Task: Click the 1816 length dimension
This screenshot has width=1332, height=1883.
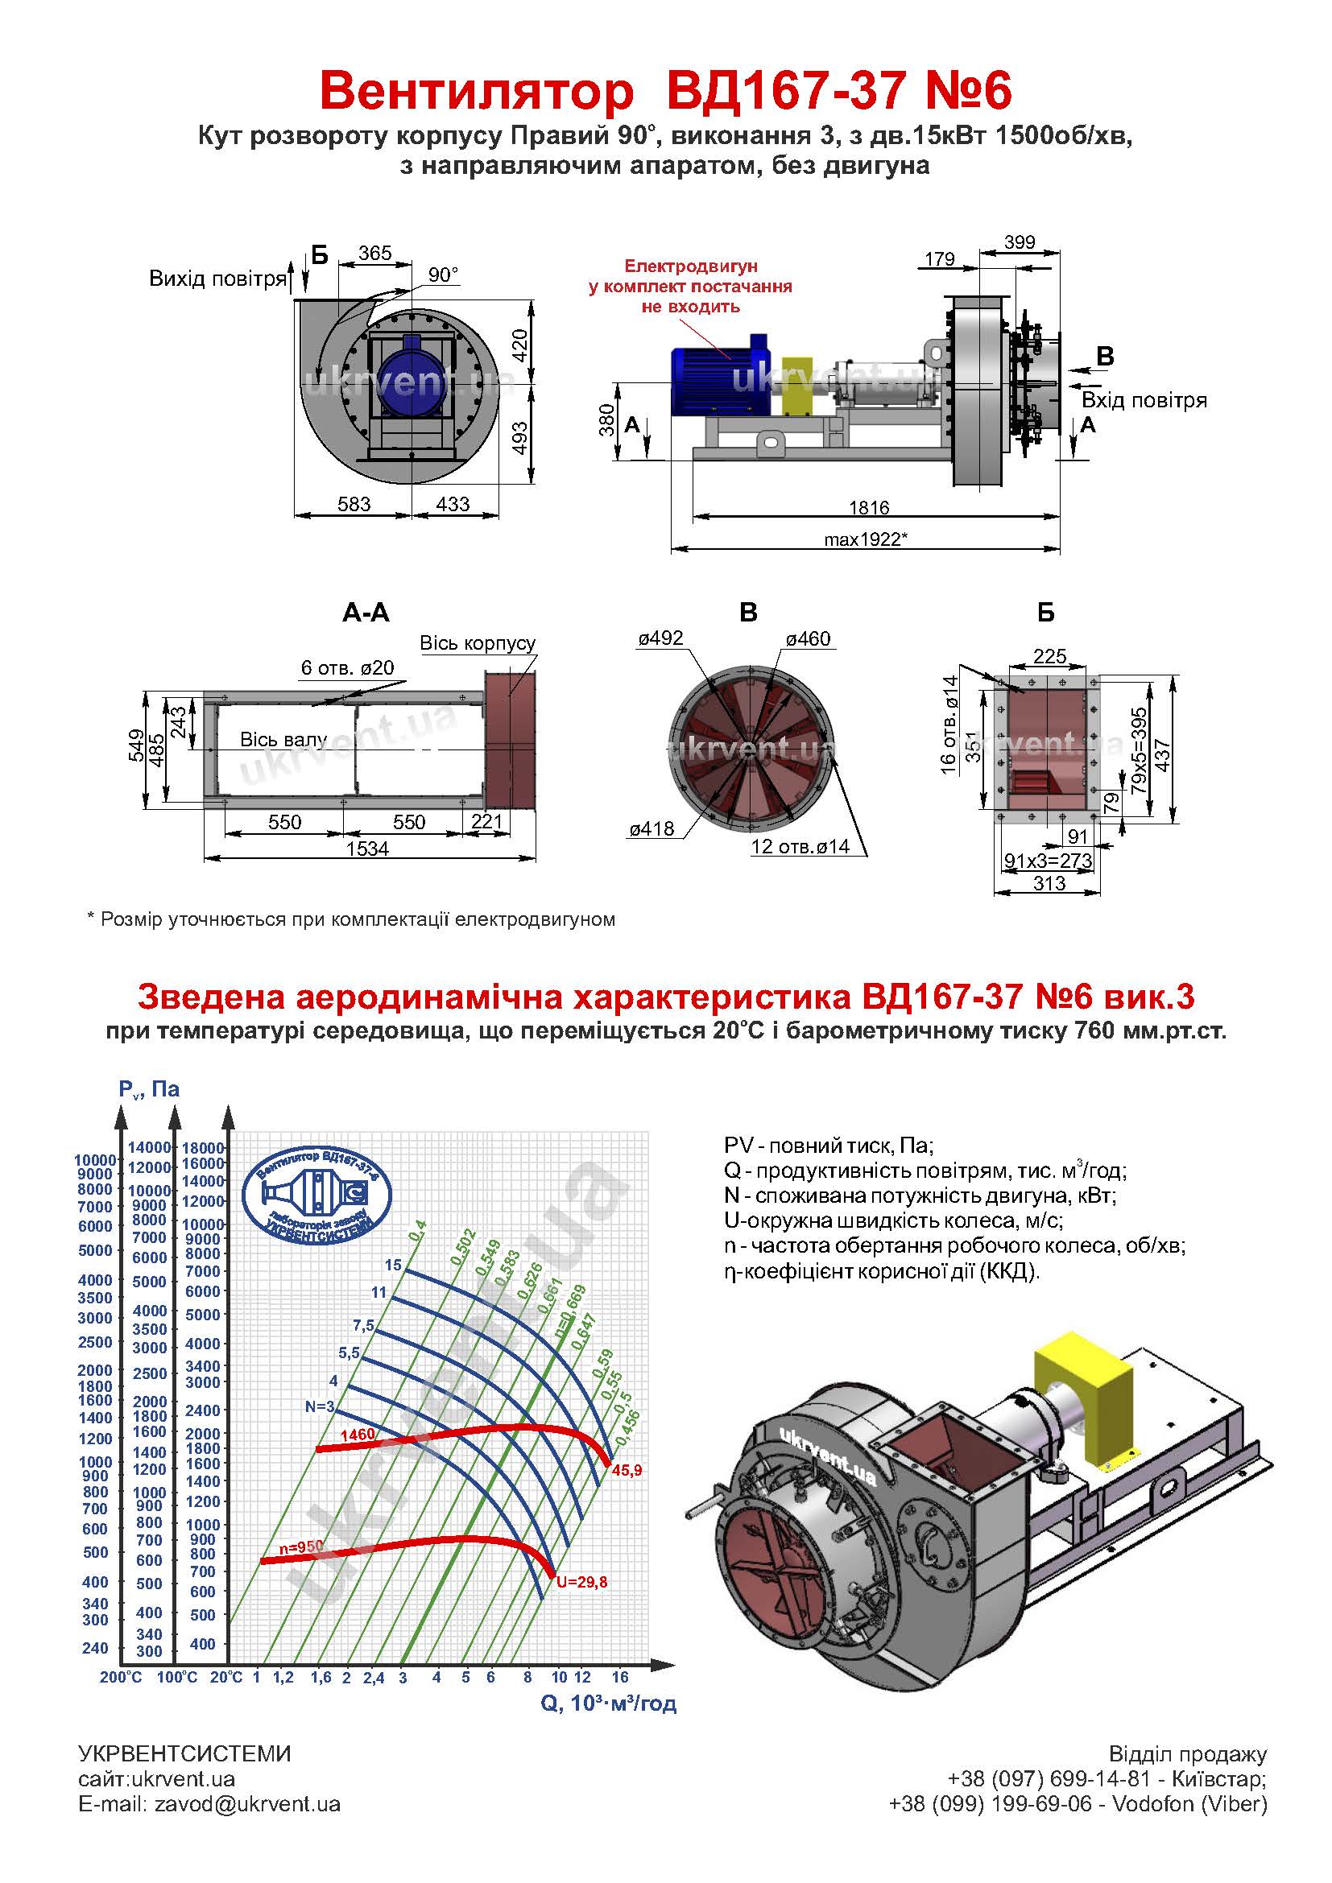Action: (869, 508)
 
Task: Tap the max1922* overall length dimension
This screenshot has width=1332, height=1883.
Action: (867, 539)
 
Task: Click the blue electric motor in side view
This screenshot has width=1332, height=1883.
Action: (718, 374)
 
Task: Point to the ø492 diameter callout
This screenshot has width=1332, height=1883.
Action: (660, 638)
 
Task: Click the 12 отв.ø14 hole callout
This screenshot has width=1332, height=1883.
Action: (800, 846)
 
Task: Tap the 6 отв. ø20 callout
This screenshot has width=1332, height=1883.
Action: (347, 667)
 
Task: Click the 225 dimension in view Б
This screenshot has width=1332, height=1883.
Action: (1050, 656)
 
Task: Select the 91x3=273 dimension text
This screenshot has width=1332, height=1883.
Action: (1049, 861)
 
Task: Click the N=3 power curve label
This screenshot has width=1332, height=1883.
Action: (320, 1406)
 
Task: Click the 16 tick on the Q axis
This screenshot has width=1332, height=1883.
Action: (620, 1677)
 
